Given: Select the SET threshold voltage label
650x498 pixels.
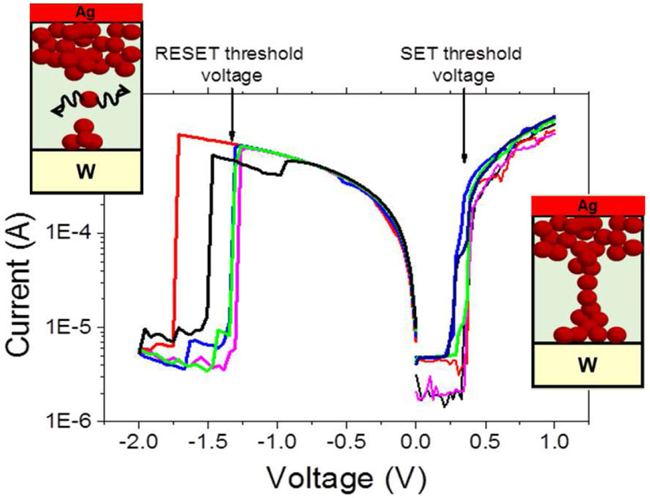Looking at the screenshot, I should tap(449, 63).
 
